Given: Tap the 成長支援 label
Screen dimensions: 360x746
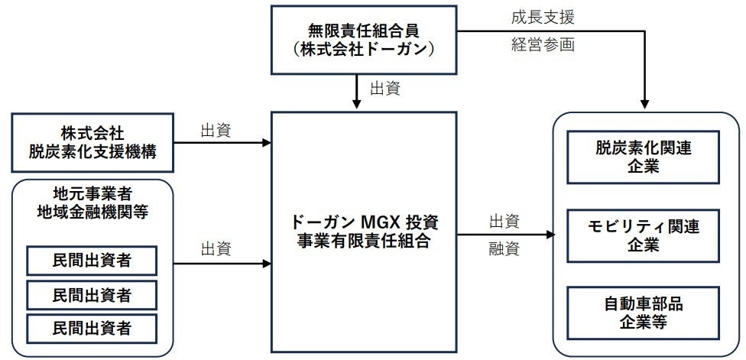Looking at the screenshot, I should (x=542, y=16).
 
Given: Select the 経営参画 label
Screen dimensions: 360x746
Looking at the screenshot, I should (x=542, y=44).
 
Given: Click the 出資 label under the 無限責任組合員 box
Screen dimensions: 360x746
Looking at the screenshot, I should (x=385, y=89).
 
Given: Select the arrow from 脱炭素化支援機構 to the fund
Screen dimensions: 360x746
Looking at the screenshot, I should (x=222, y=142).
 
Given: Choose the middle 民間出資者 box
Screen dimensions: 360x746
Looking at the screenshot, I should (x=92, y=294).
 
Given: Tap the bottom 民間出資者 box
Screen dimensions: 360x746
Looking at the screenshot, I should (x=92, y=328).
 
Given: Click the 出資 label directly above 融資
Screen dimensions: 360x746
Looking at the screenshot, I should (x=504, y=222).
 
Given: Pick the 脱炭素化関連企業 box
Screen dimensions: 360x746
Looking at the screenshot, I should (x=643, y=157).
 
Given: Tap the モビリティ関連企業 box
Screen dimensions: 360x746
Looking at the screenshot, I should (x=643, y=235).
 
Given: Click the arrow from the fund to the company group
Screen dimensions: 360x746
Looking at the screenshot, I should (x=504, y=235).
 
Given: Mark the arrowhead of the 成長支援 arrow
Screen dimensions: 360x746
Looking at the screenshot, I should (x=647, y=105).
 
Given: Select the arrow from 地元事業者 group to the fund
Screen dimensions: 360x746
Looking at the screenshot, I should (x=222, y=263).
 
